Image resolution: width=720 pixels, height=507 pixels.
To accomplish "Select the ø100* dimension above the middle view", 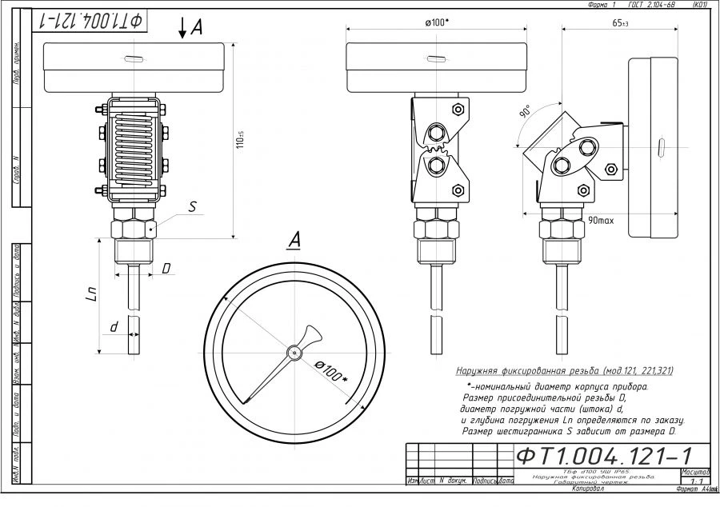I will click(437, 21).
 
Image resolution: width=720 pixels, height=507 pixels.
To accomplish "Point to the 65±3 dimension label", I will click(620, 23).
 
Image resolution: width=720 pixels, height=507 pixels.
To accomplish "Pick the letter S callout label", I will click(192, 206).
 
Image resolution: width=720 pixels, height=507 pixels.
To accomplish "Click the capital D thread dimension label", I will click(166, 269).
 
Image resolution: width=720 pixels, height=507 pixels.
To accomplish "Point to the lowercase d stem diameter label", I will click(114, 327).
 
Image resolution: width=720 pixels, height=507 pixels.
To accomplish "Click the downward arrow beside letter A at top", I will click(183, 29).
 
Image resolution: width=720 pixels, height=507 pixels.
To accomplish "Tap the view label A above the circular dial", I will click(294, 239).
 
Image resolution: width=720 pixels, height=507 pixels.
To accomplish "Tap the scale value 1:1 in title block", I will click(694, 481).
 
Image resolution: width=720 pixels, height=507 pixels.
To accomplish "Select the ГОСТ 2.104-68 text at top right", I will click(652, 5).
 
